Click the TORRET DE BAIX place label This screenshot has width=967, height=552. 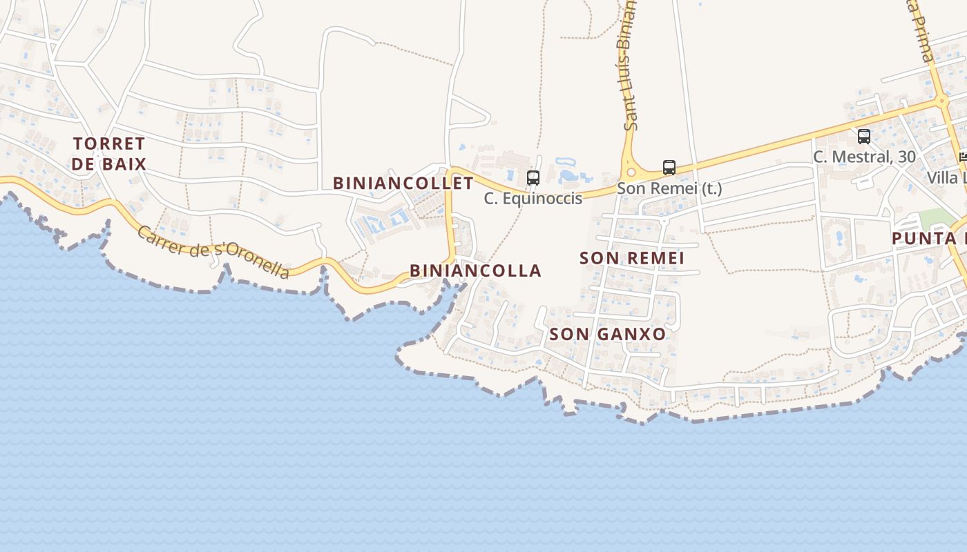point(109,154)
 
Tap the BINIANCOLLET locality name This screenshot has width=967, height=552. point(403,183)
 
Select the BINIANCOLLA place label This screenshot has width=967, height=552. point(475,270)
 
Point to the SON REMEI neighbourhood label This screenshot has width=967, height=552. point(632,258)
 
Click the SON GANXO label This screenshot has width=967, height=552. point(608,334)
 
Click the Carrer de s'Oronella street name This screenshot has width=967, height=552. point(213,251)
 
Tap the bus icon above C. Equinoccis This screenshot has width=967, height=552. point(533,177)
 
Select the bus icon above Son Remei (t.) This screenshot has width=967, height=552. point(669,167)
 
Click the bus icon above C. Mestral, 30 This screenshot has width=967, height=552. point(863,136)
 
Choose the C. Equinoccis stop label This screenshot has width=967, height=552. point(533,199)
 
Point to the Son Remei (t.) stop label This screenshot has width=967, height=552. point(669,188)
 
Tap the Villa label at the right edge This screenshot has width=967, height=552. point(946,177)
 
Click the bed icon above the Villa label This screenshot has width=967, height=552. point(963,157)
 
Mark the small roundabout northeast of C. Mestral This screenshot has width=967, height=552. point(941,101)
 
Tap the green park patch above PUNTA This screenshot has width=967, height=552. point(935,219)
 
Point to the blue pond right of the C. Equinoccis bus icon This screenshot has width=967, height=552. point(570,172)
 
